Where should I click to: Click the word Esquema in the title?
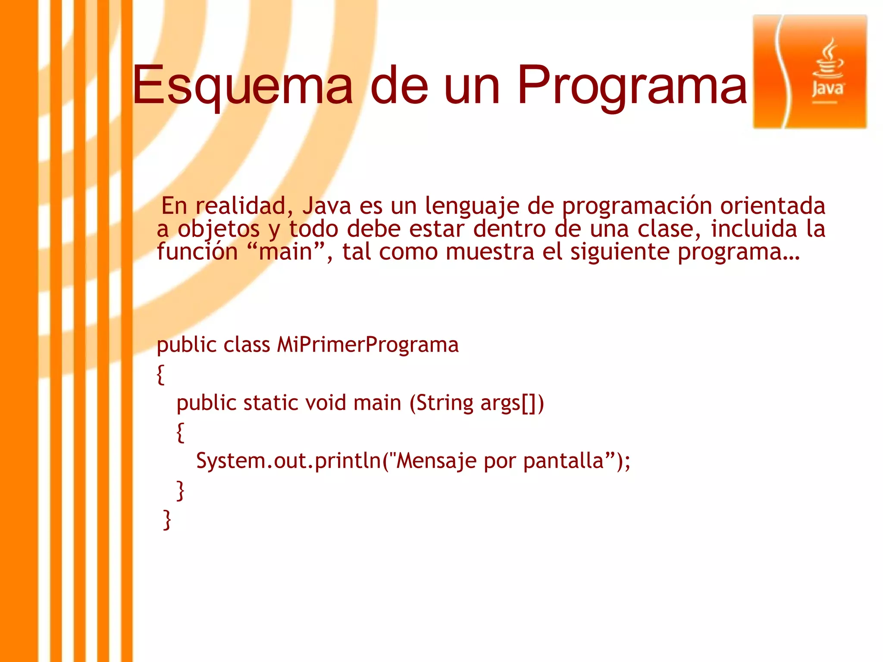pos(243,84)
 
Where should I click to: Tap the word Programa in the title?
pos(632,84)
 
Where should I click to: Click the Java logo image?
pos(809,72)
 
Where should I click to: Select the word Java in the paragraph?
pos(327,206)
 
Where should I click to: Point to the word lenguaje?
pos(472,206)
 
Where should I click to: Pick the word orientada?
pos(773,206)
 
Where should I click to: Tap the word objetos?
pos(219,229)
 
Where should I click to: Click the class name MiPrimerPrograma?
pos(367,345)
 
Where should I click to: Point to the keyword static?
pos(270,403)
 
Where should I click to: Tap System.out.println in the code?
pos(288,461)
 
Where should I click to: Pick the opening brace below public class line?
pos(160,374)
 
